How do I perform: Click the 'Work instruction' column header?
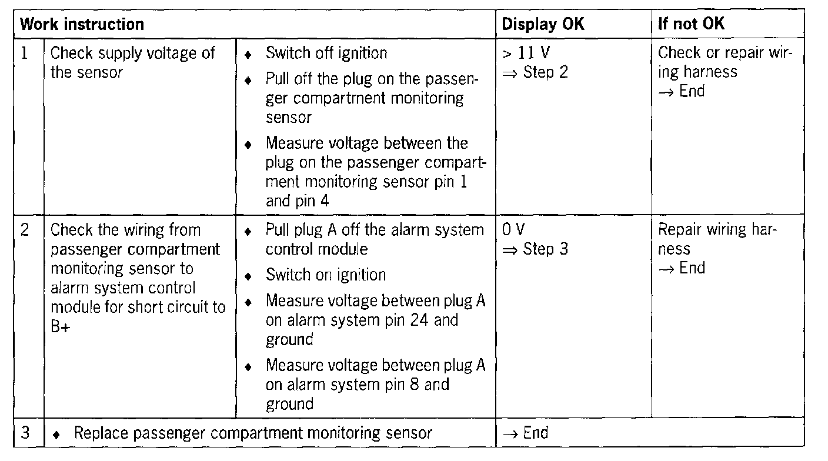click(x=82, y=24)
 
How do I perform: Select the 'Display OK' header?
click(x=543, y=24)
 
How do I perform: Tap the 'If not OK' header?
click(x=692, y=24)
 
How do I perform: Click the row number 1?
click(x=24, y=54)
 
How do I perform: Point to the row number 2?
click(x=24, y=230)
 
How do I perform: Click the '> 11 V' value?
click(x=526, y=54)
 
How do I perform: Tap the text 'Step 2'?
click(x=545, y=73)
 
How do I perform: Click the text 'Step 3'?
click(x=545, y=249)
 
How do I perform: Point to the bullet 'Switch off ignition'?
click(x=326, y=54)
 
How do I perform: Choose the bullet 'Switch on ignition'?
click(x=326, y=275)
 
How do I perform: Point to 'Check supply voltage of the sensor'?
click(x=133, y=63)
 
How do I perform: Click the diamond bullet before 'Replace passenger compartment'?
click(x=57, y=435)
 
